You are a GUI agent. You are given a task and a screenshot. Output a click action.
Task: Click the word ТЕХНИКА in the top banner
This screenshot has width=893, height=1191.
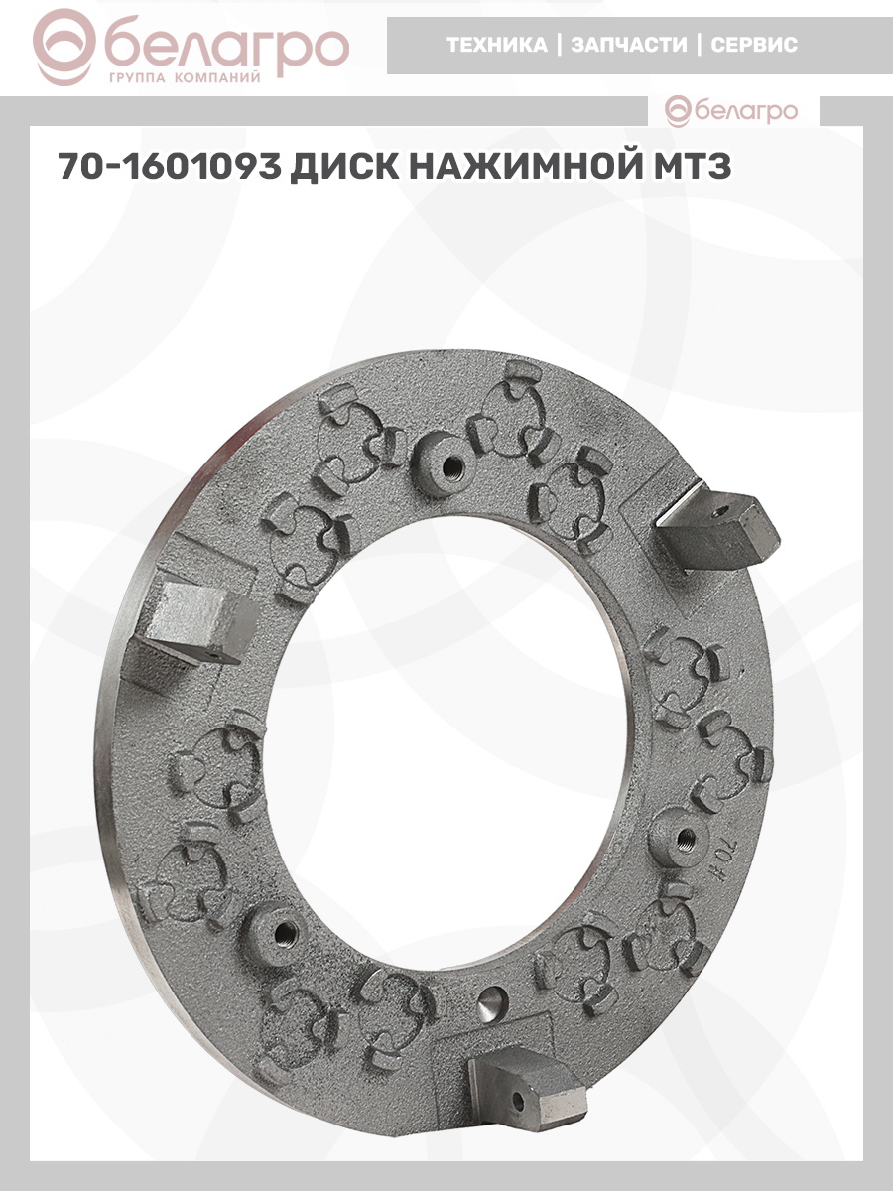(x=497, y=45)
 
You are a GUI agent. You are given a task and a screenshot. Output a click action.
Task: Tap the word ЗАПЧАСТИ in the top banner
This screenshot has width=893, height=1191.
(x=629, y=45)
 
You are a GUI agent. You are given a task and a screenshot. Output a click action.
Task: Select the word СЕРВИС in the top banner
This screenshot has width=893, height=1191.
(x=754, y=45)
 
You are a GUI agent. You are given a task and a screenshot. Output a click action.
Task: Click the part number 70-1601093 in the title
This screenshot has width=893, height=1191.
(x=170, y=166)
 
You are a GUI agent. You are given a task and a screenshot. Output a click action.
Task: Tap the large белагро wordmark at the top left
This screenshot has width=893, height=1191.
(x=226, y=48)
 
